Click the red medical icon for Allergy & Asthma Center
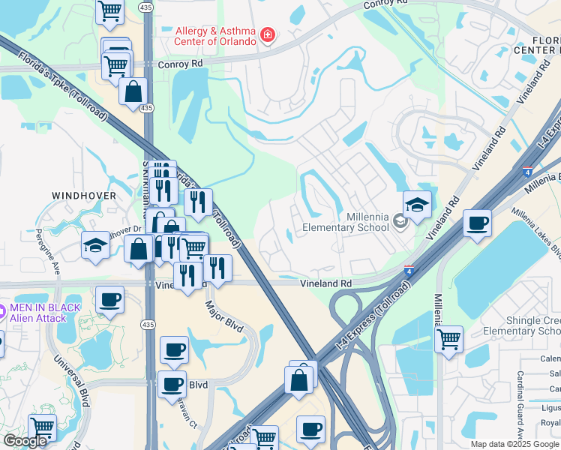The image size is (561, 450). pyautogui.click(x=267, y=35)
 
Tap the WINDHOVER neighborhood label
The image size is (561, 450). pyautogui.click(x=84, y=195)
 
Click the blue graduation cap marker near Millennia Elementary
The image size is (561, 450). pyautogui.click(x=417, y=204)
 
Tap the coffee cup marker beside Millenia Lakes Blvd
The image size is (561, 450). pyautogui.click(x=477, y=223)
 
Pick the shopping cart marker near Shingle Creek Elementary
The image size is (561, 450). pyautogui.click(x=448, y=339)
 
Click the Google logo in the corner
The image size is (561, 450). pyautogui.click(x=25, y=441)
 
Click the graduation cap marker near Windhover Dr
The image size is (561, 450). pyautogui.click(x=95, y=246)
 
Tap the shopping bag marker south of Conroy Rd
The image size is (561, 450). pyautogui.click(x=133, y=92)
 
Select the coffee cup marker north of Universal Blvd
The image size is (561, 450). pyautogui.click(x=109, y=300)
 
